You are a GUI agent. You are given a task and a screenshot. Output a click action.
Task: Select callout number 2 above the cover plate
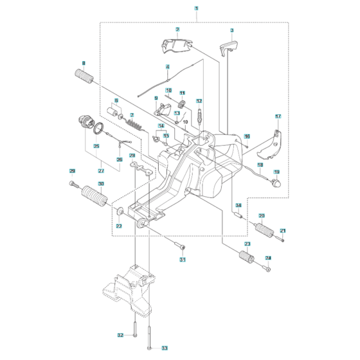(x=177, y=30)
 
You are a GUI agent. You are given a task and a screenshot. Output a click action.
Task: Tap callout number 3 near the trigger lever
(x=232, y=30)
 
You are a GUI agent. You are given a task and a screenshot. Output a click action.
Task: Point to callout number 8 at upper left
(x=83, y=62)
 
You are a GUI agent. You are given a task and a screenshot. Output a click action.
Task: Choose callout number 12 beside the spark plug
(x=199, y=101)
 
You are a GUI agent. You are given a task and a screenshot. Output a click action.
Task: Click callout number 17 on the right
(x=278, y=116)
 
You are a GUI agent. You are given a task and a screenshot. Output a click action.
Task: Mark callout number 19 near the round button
(x=276, y=172)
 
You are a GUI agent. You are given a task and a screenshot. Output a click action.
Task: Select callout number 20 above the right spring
(x=261, y=215)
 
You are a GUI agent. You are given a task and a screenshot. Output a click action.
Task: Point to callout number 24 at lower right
(x=268, y=258)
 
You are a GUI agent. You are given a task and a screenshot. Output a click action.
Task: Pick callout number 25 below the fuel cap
(x=97, y=146)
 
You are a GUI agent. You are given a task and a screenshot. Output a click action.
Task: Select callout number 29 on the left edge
(x=73, y=170)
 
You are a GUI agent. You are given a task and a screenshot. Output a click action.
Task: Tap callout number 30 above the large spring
(x=99, y=184)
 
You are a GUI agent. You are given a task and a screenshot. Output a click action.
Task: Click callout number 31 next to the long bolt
(x=182, y=260)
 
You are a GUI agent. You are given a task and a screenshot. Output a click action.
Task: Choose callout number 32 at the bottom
(x=120, y=336)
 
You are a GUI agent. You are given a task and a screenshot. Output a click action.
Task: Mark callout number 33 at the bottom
(x=164, y=348)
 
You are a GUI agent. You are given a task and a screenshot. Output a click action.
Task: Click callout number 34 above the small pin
(x=238, y=206)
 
